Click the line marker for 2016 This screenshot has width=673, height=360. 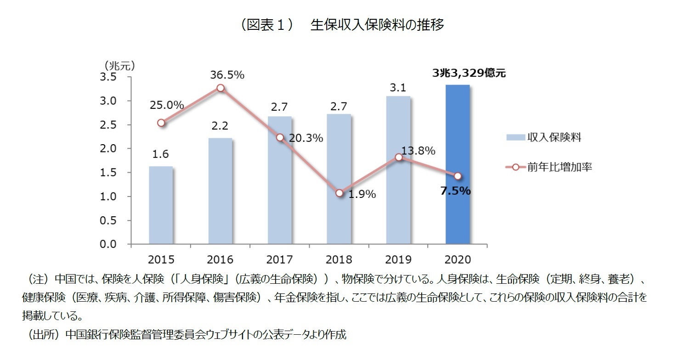pos(221,88)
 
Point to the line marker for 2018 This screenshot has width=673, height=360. pos(339,193)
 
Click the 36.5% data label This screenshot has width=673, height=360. pos(227,75)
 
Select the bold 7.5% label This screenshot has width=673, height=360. pos(455,191)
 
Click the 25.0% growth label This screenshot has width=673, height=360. pos(167,105)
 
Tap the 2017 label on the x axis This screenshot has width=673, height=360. pos(280,260)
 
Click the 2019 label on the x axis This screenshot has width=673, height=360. pos(398,260)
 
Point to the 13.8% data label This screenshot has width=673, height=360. pos(418,151)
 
